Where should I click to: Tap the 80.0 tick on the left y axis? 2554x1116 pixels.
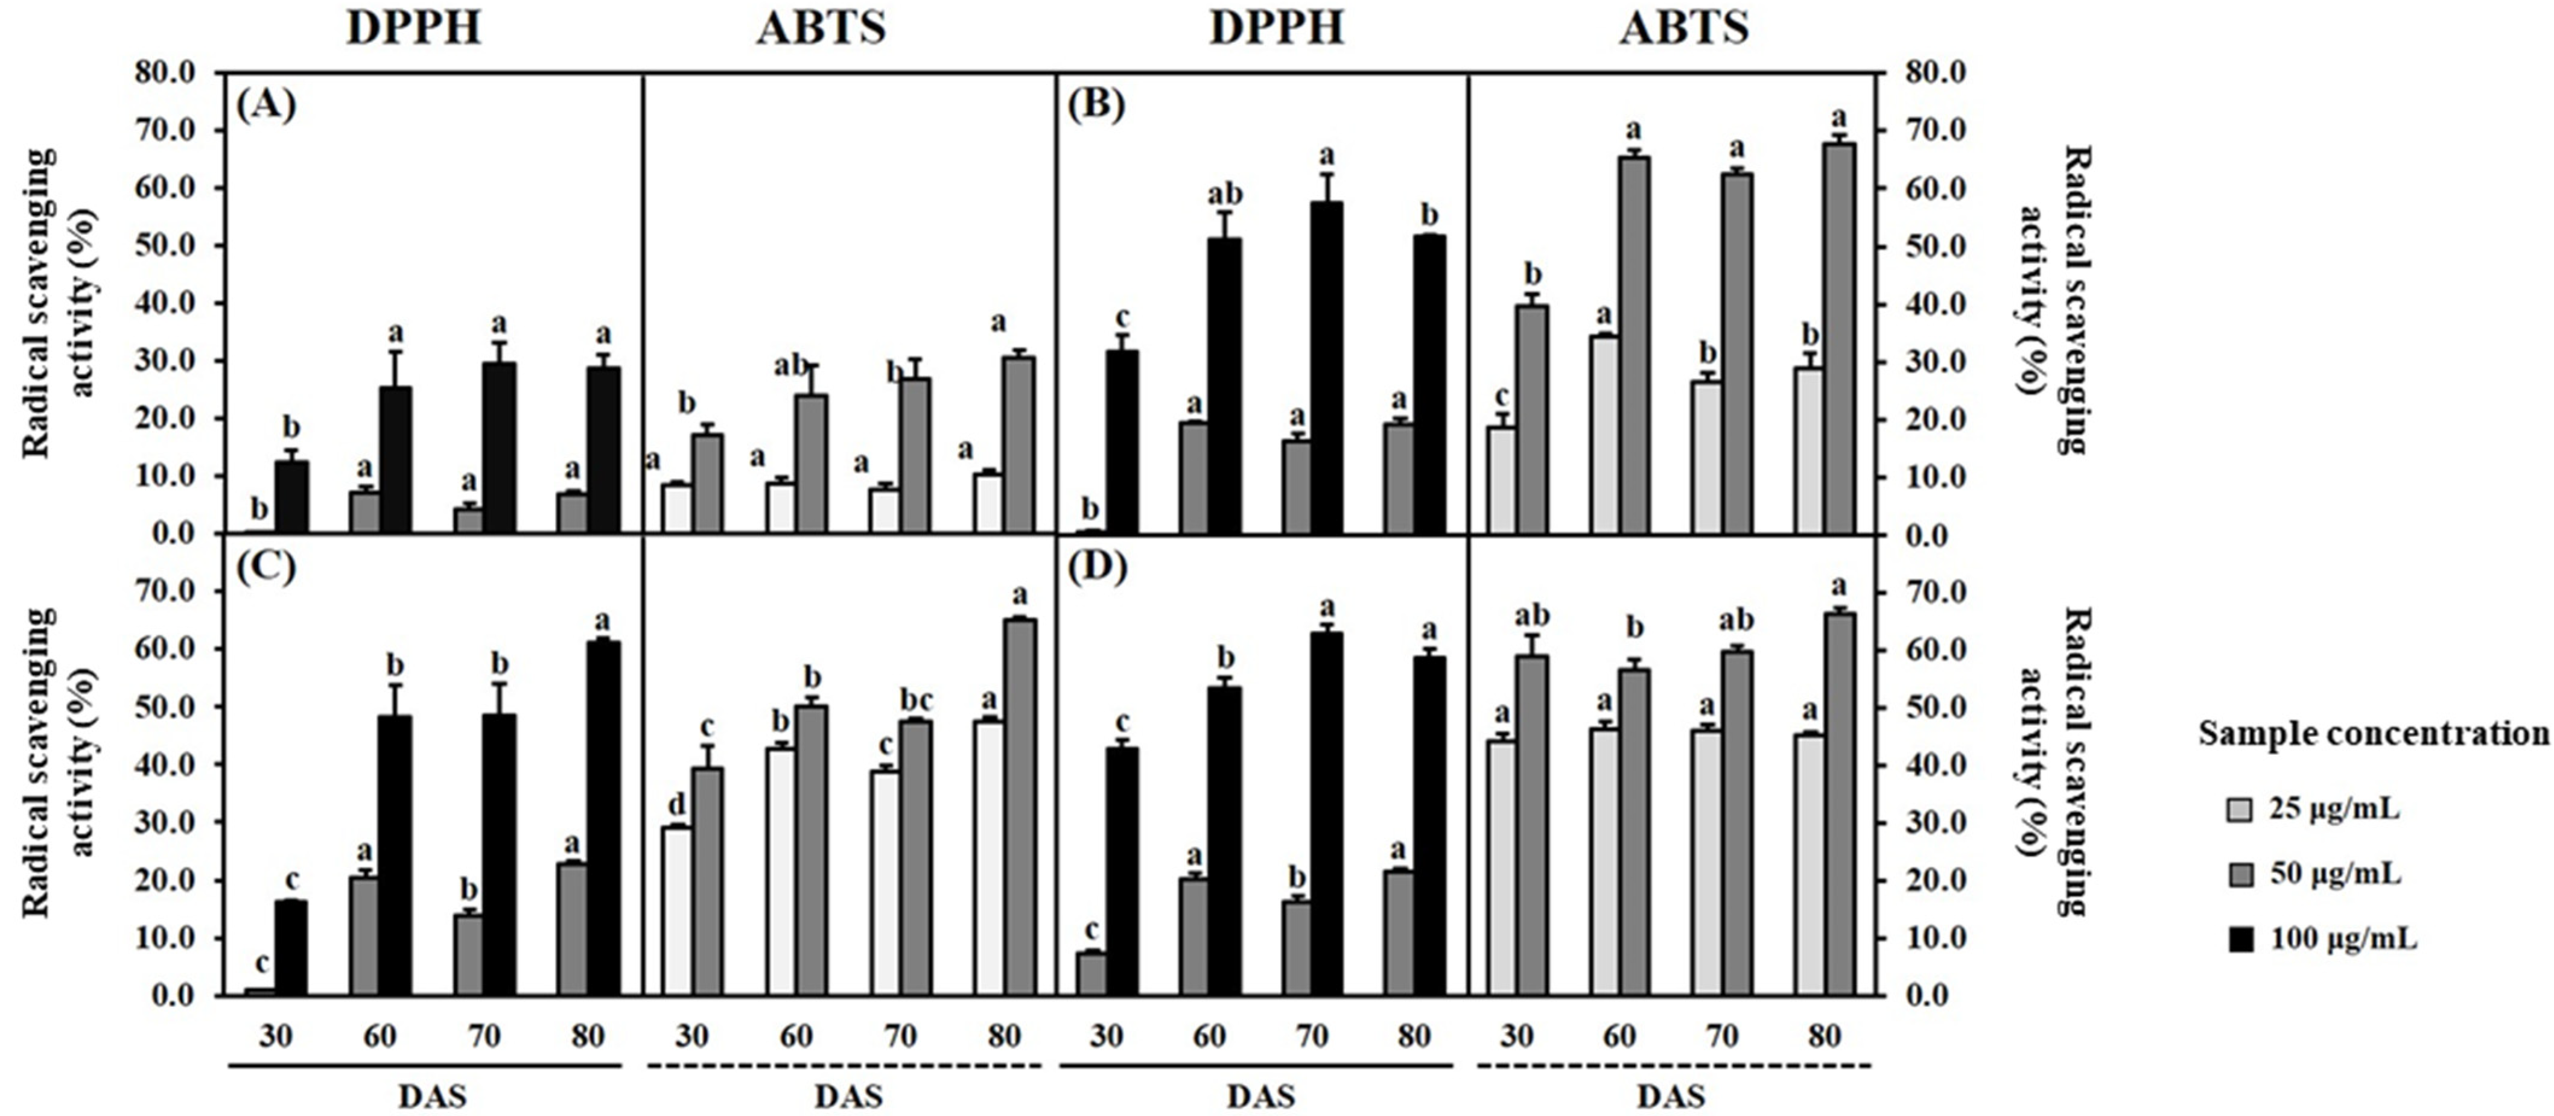coord(176,74)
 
